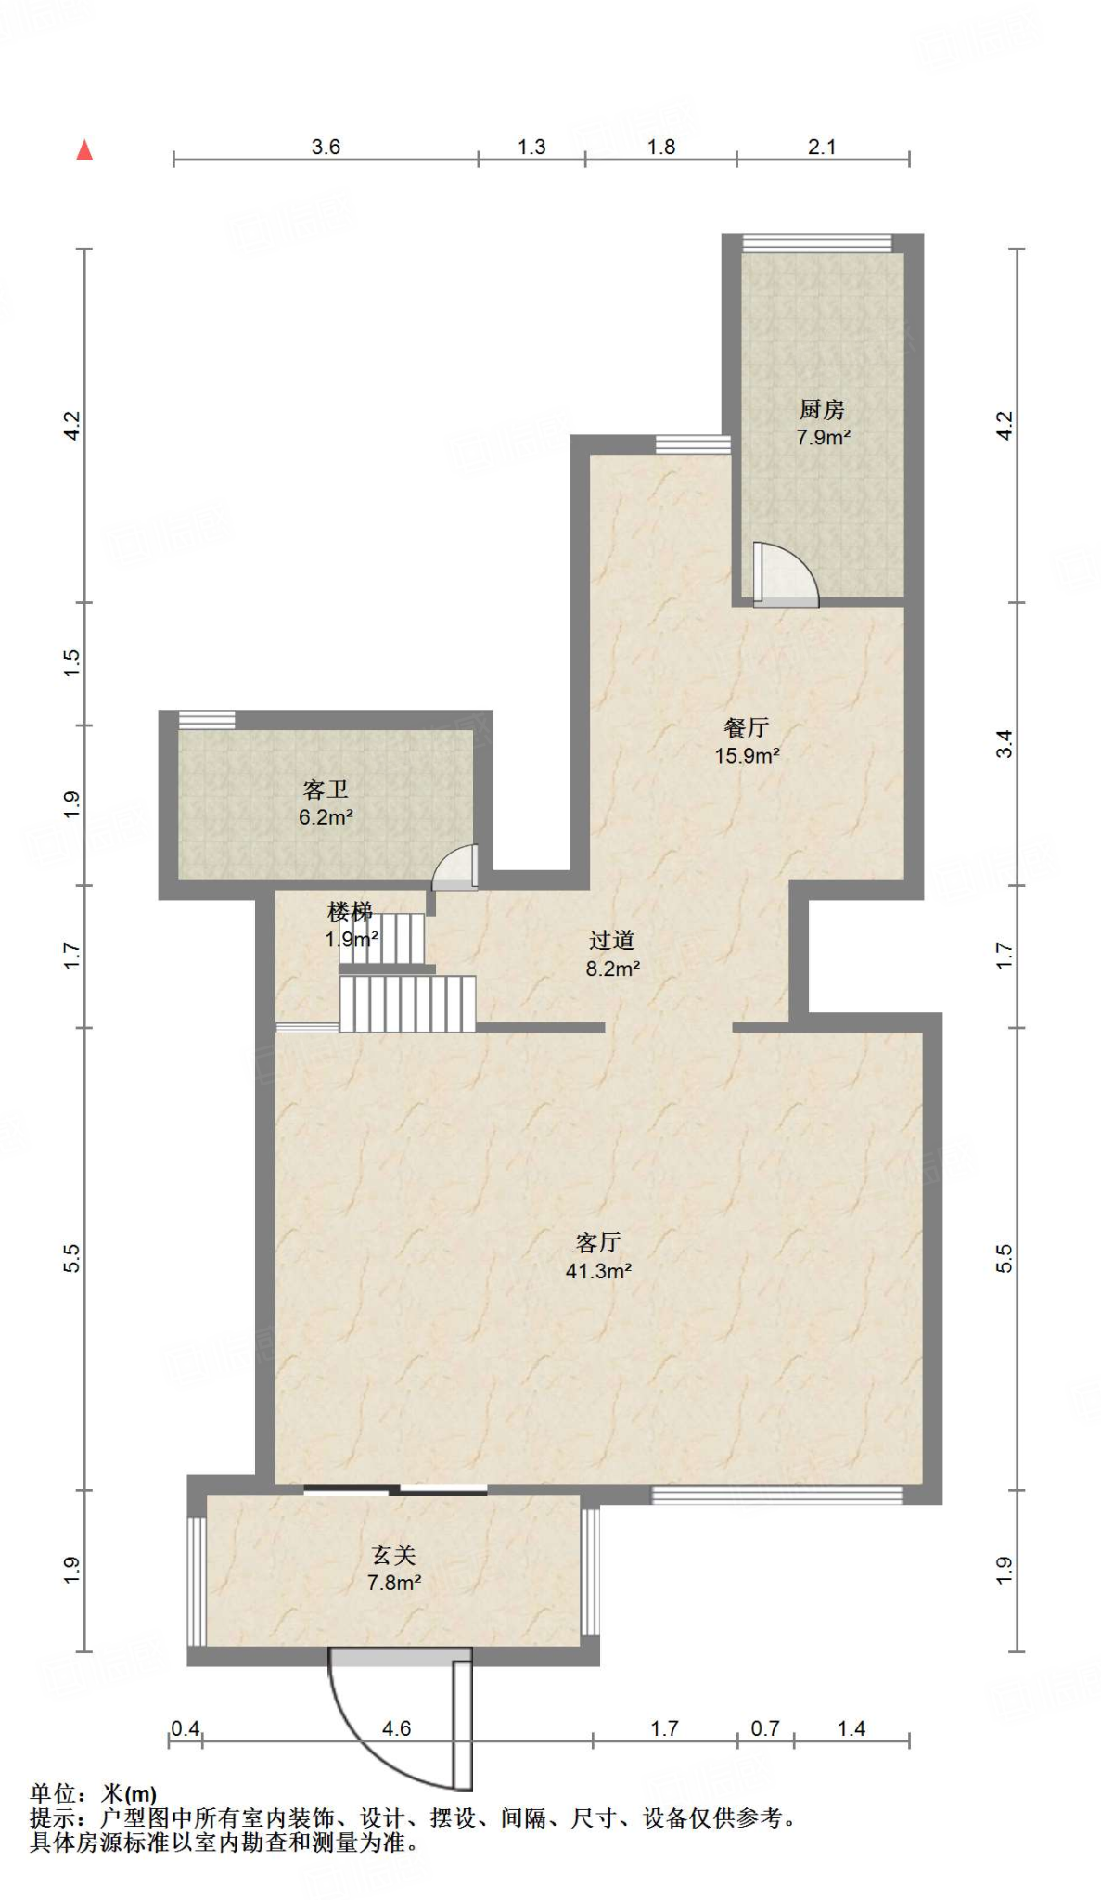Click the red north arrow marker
(84, 149)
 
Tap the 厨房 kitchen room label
(822, 409)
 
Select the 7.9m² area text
(823, 437)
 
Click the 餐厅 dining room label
(746, 728)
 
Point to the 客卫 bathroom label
(326, 790)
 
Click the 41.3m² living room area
(598, 1271)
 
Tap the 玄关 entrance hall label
(393, 1554)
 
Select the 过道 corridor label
(611, 941)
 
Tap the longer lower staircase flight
(408, 1004)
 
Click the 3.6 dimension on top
(326, 147)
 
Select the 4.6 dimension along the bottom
(396, 1728)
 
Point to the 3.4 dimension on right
(1005, 744)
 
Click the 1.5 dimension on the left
(72, 662)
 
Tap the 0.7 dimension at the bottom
(765, 1728)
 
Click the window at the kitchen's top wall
(817, 243)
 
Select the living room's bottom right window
(776, 1495)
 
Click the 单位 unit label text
(54, 1794)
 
